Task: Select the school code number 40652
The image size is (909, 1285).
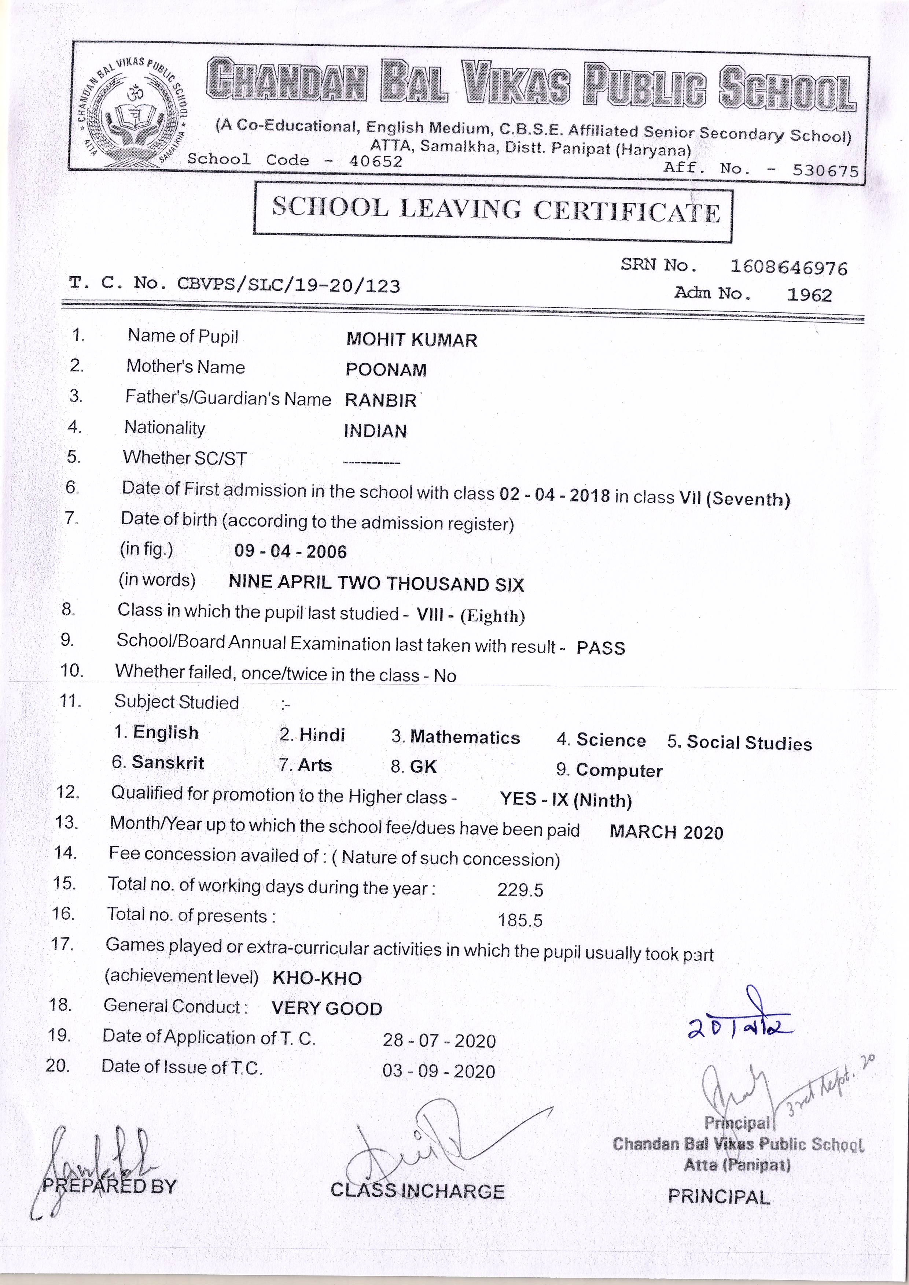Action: click(376, 161)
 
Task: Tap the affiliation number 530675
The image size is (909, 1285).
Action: click(825, 171)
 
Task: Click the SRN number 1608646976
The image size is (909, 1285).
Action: click(788, 267)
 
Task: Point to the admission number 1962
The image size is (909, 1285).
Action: click(809, 295)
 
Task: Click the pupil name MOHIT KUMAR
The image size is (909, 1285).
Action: click(412, 340)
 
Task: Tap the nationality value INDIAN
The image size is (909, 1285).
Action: click(375, 431)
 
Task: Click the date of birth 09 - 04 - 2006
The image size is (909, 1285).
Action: click(291, 552)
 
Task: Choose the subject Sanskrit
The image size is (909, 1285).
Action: click(168, 763)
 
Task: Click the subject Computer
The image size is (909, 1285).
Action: click(619, 771)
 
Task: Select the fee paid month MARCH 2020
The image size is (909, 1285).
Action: click(666, 832)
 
